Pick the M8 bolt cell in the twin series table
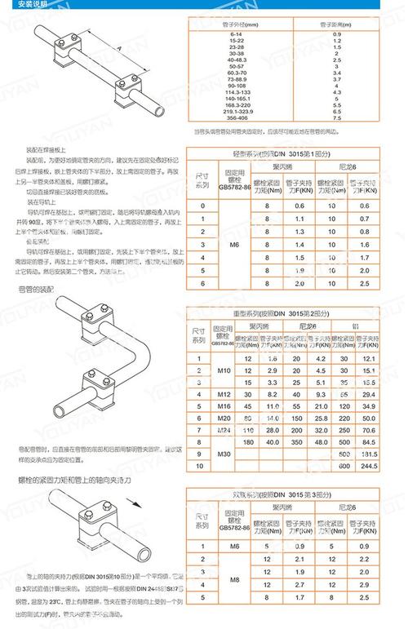[234, 581]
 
